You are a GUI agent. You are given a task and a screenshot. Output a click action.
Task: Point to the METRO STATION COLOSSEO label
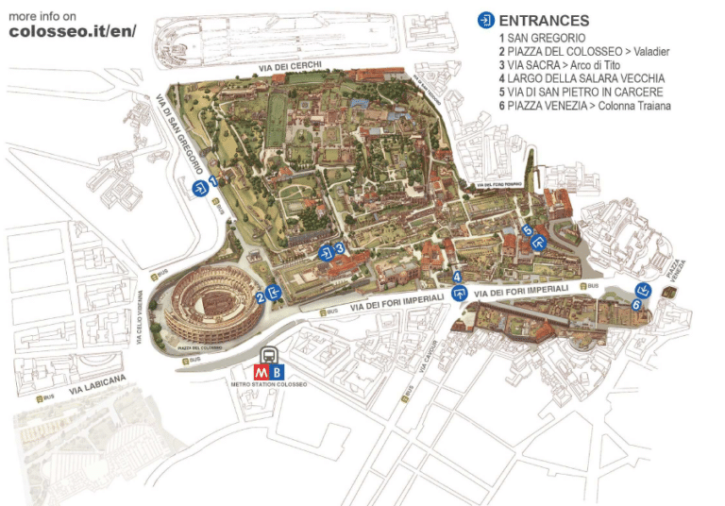pos(269,384)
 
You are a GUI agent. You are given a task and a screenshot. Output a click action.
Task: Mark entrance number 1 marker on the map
pos(201,189)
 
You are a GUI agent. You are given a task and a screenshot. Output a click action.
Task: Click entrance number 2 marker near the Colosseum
pos(274,294)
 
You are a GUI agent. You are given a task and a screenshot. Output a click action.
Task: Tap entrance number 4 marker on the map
pos(460,292)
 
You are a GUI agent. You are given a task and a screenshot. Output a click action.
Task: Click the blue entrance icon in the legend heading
pos(486,20)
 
